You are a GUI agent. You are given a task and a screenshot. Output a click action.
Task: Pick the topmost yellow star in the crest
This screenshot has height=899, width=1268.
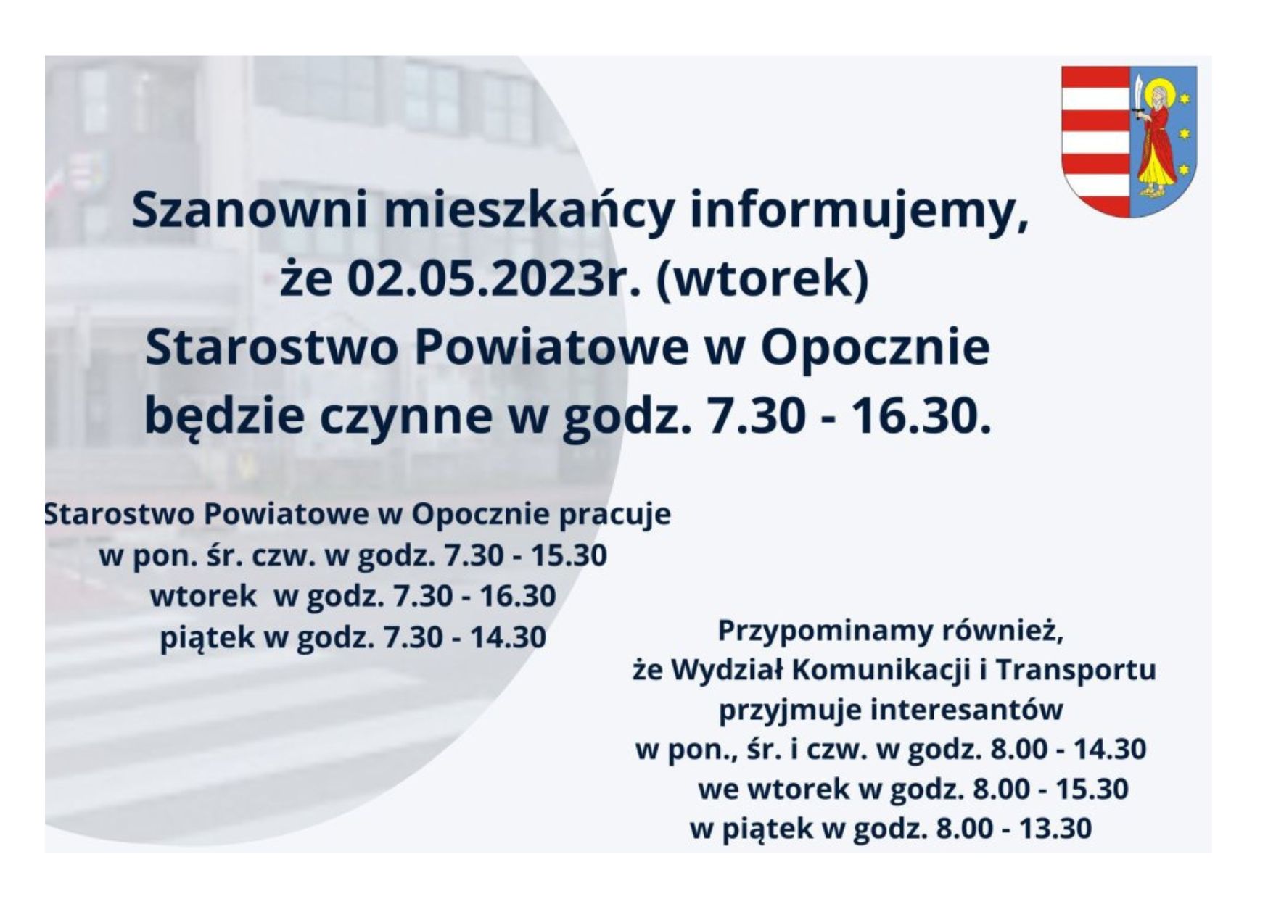pos(1185,97)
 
